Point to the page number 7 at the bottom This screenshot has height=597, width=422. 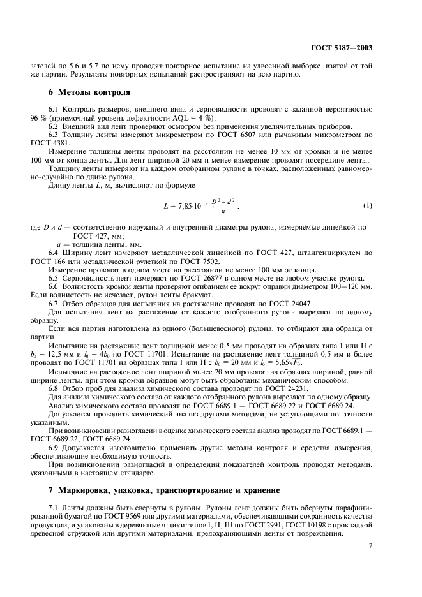371,545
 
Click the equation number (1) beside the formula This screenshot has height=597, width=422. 367,205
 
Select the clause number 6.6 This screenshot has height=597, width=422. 54,287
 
